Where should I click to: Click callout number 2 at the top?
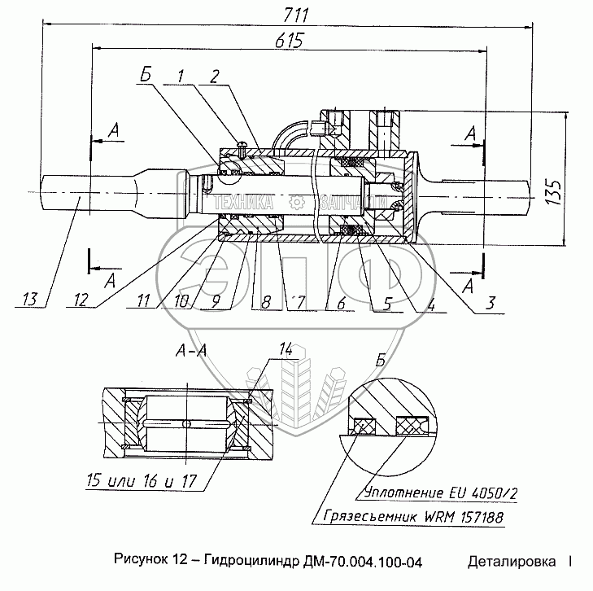coord(213,77)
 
